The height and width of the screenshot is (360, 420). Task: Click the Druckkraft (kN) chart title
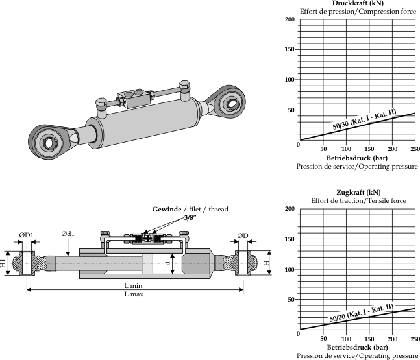356,3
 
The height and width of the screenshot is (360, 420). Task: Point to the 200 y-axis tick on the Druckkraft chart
291,19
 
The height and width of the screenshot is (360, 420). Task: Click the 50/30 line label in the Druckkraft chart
364,119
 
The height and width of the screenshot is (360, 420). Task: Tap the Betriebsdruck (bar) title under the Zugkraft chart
357,347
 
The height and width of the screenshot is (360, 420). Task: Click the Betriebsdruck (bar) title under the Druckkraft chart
357,158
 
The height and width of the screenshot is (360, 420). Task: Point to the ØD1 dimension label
26,235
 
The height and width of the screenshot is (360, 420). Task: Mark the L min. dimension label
134,285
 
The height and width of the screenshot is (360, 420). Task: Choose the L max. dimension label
134,294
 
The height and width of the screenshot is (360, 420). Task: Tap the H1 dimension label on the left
3,263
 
